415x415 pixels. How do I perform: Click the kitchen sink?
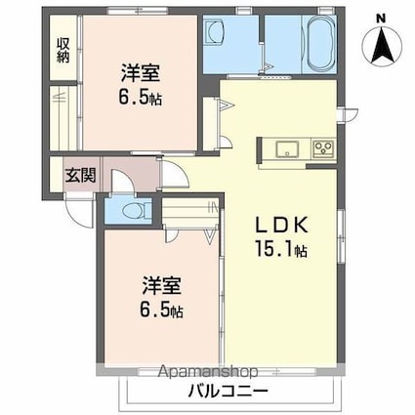coord(287,149)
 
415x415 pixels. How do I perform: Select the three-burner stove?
coord(321,149)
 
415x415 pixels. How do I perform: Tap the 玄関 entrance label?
coord(79,176)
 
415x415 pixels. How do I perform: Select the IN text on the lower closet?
coord(214,207)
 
